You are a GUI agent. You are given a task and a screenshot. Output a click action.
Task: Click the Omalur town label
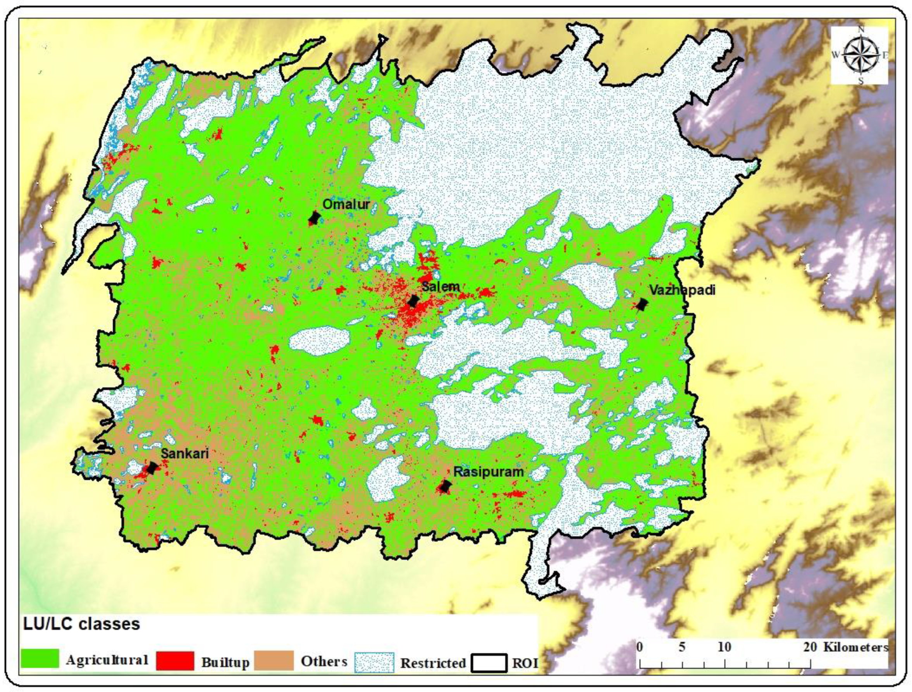click(x=346, y=204)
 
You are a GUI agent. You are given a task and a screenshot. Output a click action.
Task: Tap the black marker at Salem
click(x=413, y=301)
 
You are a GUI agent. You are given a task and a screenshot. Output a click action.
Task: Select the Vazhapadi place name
click(x=682, y=290)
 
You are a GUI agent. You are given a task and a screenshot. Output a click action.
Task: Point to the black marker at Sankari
click(x=152, y=468)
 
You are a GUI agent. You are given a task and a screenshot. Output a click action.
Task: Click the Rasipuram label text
click(x=488, y=472)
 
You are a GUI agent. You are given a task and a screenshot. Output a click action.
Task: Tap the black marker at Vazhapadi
click(x=641, y=305)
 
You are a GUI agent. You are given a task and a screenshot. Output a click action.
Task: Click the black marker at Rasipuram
click(x=444, y=486)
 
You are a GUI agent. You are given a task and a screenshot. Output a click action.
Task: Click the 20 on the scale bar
click(x=810, y=647)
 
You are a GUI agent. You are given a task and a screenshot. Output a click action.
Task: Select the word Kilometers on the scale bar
click(x=856, y=647)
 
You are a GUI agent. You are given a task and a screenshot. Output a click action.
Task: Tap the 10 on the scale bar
click(x=725, y=647)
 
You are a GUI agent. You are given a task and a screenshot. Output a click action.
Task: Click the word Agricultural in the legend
click(x=107, y=660)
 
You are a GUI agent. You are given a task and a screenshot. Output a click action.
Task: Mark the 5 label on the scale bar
click(x=682, y=647)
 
